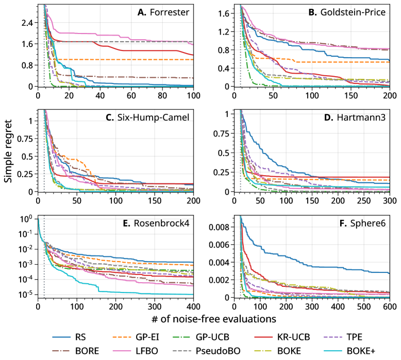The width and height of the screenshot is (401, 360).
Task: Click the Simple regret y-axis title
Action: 8,152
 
